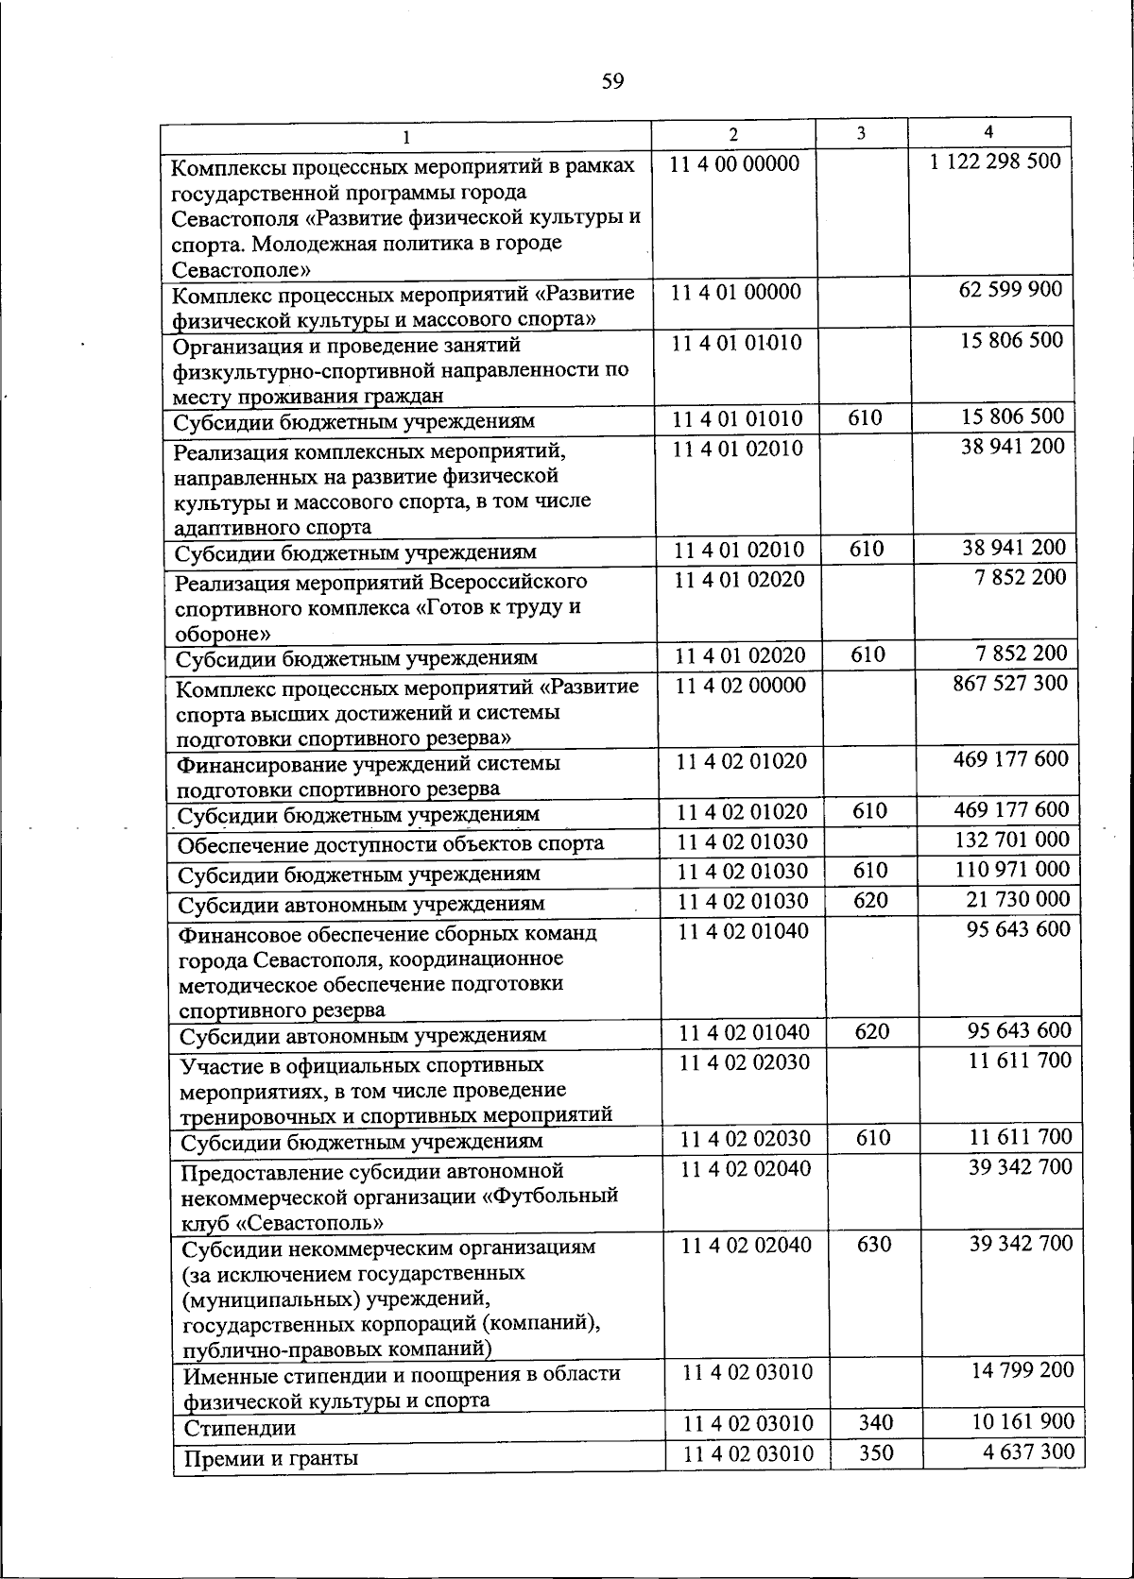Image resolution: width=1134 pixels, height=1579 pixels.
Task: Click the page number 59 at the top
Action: (612, 82)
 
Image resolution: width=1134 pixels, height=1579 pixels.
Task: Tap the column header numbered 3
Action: (861, 133)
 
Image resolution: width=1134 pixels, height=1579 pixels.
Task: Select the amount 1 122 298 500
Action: (995, 161)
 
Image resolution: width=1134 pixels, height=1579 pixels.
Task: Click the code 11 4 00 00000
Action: (735, 164)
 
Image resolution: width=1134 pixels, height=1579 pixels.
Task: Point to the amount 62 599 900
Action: (1010, 289)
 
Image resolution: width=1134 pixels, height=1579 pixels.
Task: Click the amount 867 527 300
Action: (1010, 682)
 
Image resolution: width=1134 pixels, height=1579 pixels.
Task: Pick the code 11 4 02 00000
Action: (741, 686)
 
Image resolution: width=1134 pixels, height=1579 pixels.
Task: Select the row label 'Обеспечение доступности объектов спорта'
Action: (390, 844)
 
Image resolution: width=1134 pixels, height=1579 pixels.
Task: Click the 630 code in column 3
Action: (873, 1245)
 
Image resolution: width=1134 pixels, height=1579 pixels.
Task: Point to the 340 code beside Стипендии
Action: (875, 1422)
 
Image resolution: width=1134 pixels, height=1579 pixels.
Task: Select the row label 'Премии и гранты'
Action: (270, 1458)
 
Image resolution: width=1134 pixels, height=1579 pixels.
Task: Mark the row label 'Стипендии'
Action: (239, 1428)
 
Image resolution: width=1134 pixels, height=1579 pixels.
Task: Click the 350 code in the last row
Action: (876, 1452)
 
